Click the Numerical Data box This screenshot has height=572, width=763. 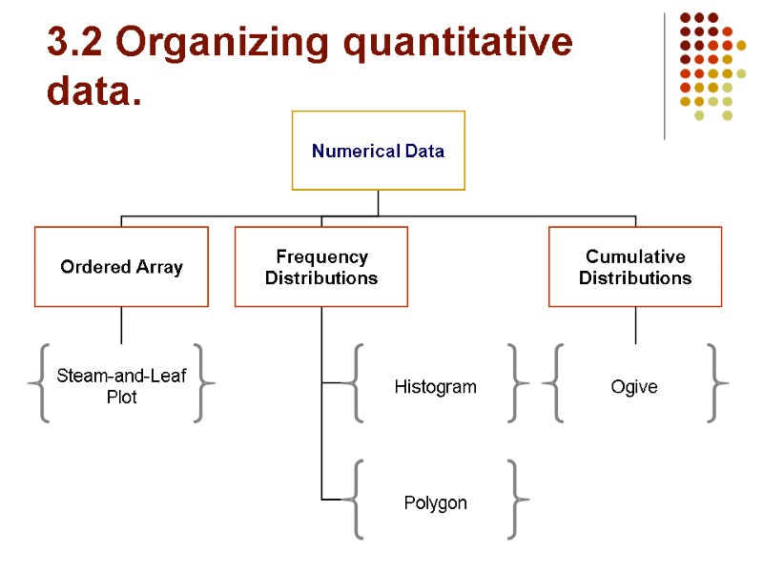click(x=378, y=151)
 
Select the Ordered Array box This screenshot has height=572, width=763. click(x=121, y=267)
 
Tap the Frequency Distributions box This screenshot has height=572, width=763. click(x=321, y=267)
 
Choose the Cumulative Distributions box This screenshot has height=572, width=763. click(x=635, y=267)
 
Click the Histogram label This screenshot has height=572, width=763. click(x=435, y=387)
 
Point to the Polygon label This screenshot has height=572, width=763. click(x=435, y=502)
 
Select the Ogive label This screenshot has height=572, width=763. click(x=634, y=387)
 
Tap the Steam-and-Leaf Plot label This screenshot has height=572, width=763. click(x=121, y=386)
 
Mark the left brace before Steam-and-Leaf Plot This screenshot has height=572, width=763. click(x=40, y=383)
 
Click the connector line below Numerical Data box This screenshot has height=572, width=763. click(x=379, y=203)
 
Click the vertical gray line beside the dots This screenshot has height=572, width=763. click(x=664, y=76)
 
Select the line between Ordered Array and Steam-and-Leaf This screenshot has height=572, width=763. click(x=121, y=325)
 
